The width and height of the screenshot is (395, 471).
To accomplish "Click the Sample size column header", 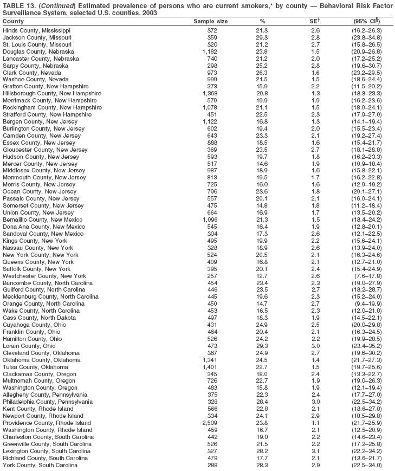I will click(211, 21).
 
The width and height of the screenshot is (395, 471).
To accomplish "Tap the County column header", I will click(13, 21).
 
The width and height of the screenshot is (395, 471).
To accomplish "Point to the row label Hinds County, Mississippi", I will click(36, 30).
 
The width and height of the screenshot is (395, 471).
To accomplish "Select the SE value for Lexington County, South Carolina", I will click(315, 451).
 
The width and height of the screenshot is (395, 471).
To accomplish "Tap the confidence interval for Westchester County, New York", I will click(367, 276).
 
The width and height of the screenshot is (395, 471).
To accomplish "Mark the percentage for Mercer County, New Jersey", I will click(262, 164).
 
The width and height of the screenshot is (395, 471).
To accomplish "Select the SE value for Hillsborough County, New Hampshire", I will click(315, 94).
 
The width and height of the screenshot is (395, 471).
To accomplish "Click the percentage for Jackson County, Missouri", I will click(262, 37).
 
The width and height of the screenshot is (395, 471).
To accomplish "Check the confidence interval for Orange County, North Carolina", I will click(367, 304).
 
